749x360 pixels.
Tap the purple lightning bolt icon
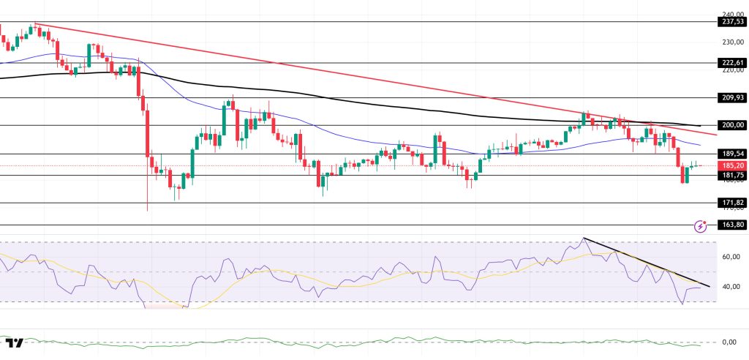pyautogui.click(x=701, y=225)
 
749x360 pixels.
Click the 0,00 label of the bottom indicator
pyautogui.click(x=729, y=342)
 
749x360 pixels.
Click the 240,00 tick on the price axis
pyautogui.click(x=731, y=14)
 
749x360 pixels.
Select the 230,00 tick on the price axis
pyautogui.click(x=731, y=42)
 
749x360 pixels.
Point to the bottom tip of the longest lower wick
pyautogui.click(x=147, y=211)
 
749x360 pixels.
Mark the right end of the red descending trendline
pyautogui.click(x=716, y=136)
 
